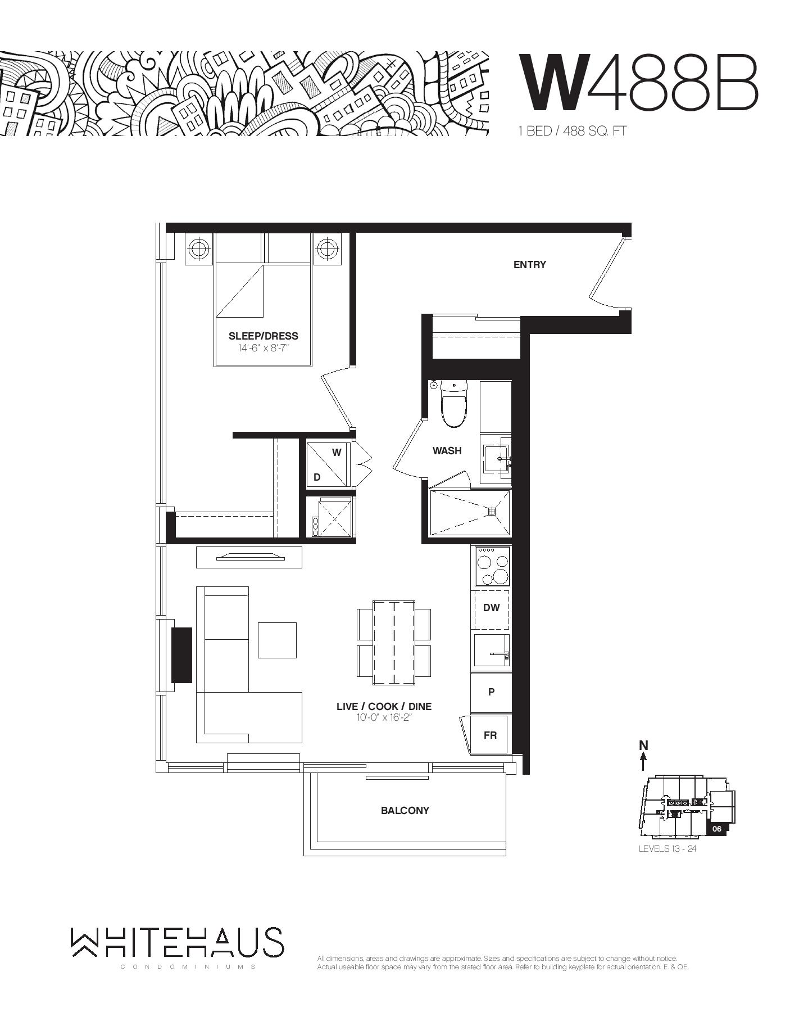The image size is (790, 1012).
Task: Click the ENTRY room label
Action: [x=529, y=265]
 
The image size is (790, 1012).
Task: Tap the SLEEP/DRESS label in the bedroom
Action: [x=263, y=336]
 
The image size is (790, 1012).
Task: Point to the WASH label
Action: [x=447, y=451]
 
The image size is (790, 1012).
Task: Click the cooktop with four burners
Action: [x=492, y=567]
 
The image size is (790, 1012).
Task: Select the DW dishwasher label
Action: [x=492, y=608]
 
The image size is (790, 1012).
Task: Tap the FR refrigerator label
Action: [x=490, y=735]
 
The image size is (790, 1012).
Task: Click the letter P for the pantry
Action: [x=491, y=692]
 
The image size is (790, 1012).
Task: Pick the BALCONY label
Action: [x=405, y=811]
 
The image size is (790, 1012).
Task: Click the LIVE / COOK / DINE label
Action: [x=384, y=707]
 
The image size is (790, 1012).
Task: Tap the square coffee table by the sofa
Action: [x=277, y=640]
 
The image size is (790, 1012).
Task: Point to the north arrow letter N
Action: [x=643, y=746]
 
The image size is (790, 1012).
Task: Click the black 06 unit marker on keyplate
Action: [x=716, y=829]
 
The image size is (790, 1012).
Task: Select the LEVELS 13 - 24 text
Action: [x=668, y=848]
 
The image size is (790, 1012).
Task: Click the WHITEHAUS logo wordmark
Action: [x=177, y=943]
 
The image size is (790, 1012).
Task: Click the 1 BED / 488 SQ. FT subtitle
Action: [x=572, y=132]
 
